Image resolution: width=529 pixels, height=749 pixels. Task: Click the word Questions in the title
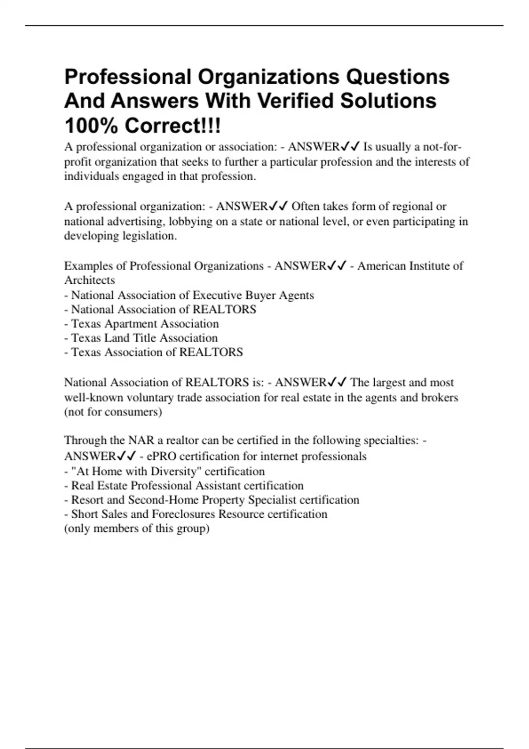[397, 77]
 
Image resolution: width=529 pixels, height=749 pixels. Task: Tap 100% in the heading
[91, 126]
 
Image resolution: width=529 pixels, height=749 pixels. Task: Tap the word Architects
[89, 280]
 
